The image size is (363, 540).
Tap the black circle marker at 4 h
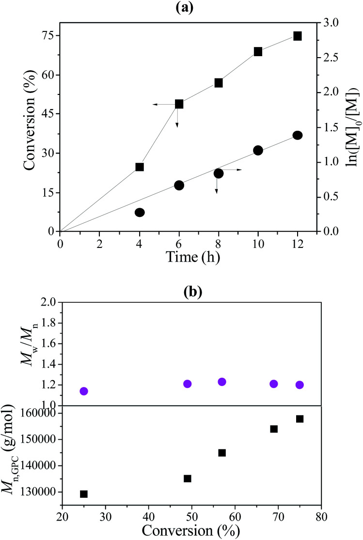point(140,212)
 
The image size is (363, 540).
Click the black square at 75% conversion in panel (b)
point(300,419)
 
